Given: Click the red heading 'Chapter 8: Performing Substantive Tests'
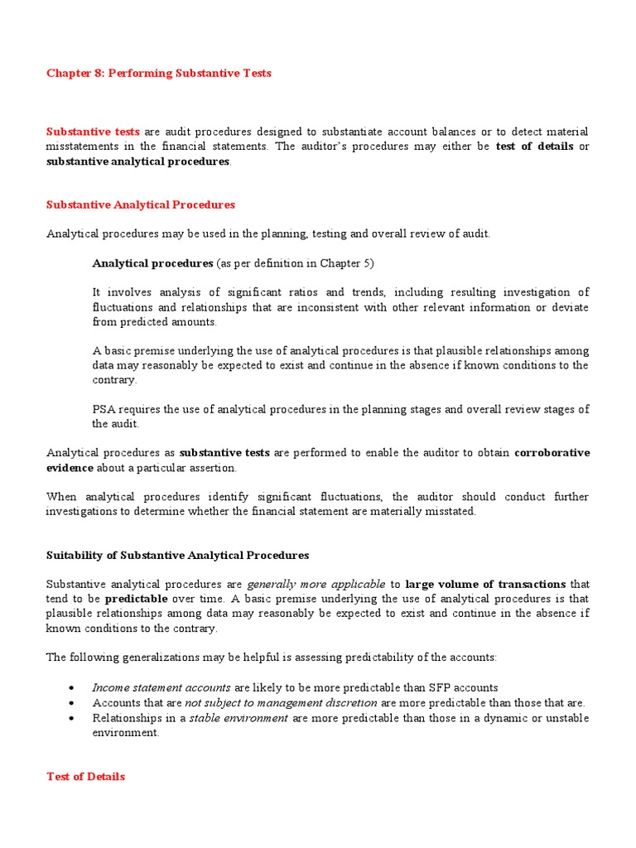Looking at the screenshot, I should (x=158, y=73).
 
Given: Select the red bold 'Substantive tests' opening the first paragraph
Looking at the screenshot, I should (x=93, y=132).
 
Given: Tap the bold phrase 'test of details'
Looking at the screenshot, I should (x=534, y=147).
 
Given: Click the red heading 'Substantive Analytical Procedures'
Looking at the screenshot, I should (x=141, y=205).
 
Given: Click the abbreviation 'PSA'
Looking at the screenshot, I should (x=103, y=409).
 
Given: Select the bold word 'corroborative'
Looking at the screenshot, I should (x=552, y=453).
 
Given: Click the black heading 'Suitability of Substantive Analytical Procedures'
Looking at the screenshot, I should (x=177, y=555).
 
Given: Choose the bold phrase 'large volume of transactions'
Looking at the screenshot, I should (x=485, y=584).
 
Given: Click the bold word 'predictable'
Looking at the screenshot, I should (x=136, y=599).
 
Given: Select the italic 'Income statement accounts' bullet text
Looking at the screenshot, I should (x=161, y=687).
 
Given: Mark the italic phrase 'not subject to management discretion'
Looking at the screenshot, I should (x=280, y=702).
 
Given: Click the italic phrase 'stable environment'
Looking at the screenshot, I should (x=238, y=718).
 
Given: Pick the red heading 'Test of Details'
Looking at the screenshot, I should (x=85, y=777).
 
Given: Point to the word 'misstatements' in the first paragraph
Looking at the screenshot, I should (x=83, y=147).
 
